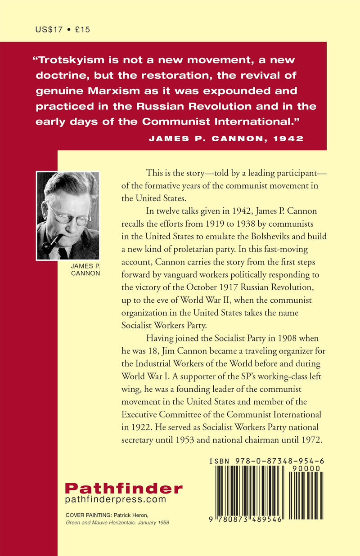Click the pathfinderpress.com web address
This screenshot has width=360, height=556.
116,500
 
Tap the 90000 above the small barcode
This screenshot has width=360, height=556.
306,468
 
